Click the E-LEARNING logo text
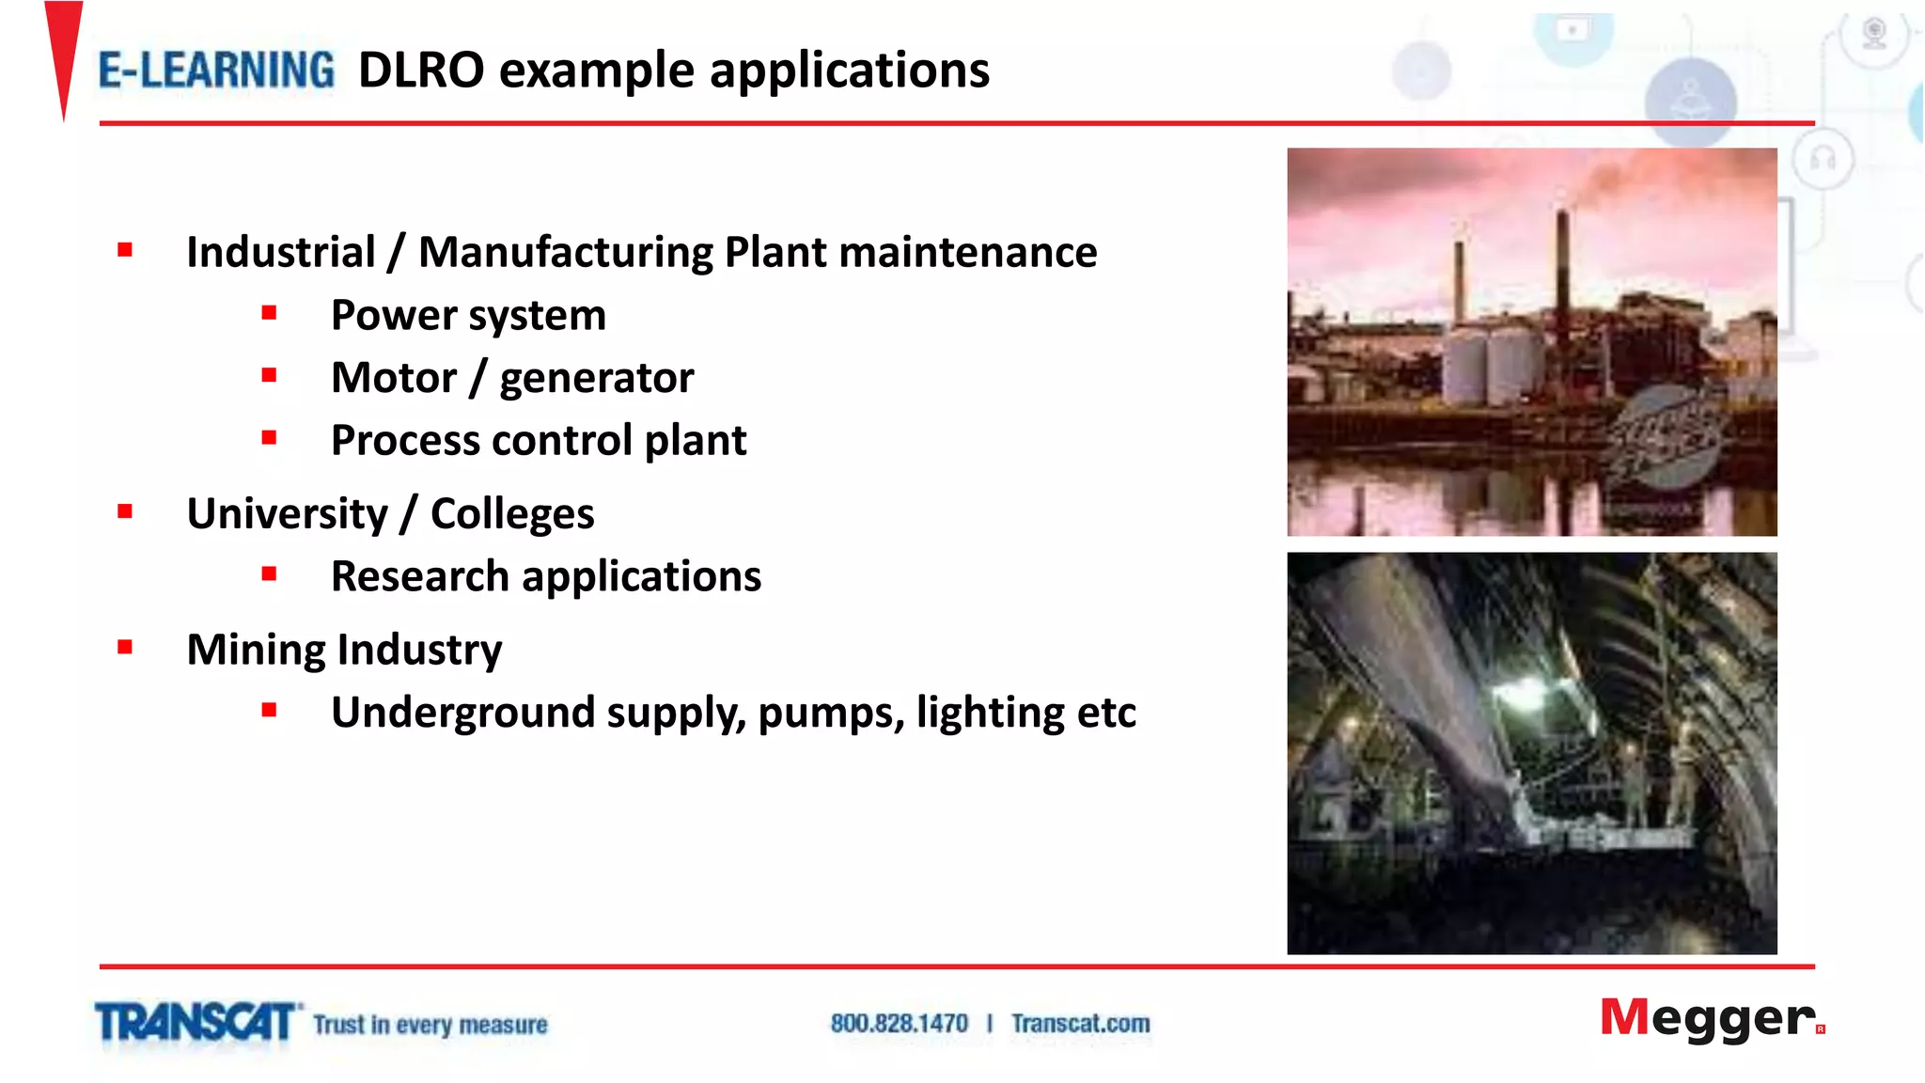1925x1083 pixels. point(216,71)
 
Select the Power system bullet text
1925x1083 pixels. point(468,315)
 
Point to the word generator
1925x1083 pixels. point(596,378)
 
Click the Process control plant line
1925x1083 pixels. point(539,441)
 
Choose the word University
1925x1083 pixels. point(287,514)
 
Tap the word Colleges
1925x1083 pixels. point(512,514)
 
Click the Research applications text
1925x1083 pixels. point(546,576)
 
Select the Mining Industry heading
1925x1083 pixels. point(344,650)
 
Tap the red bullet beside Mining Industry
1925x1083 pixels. point(125,647)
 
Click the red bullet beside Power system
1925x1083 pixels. point(270,313)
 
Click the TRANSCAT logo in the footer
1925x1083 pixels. point(196,1023)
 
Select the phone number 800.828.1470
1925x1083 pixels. point(899,1024)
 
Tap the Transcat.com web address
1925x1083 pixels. point(1080,1024)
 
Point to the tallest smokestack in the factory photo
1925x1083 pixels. point(1563,273)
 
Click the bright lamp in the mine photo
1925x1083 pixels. point(1519,694)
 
